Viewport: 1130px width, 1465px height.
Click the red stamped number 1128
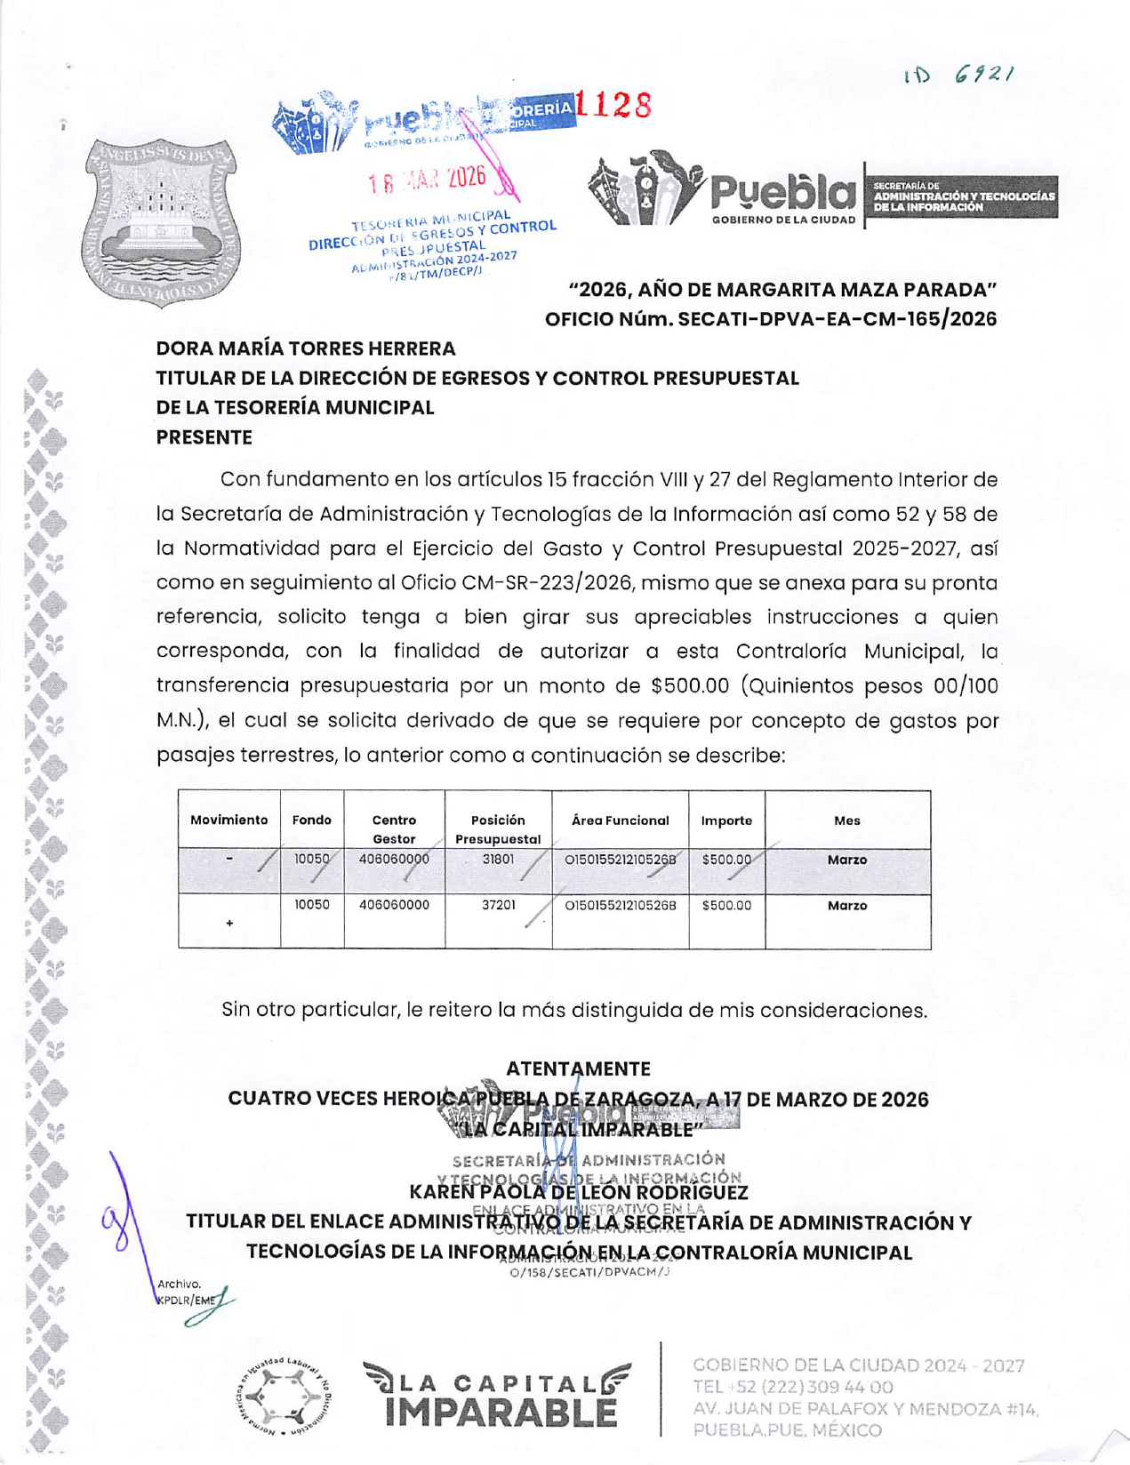click(613, 106)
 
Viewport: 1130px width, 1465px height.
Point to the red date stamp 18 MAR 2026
click(429, 180)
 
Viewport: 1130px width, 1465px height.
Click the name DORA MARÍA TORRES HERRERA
click(306, 348)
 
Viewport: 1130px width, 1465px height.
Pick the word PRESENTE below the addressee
click(204, 437)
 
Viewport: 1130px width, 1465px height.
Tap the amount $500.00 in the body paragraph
click(690, 686)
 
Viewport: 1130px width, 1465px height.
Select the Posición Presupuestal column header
click(498, 829)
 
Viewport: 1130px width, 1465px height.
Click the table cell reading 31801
click(498, 860)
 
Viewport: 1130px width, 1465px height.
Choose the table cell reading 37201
click(498, 905)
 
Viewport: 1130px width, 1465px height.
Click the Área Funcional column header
click(620, 821)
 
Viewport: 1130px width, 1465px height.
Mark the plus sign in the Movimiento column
click(229, 923)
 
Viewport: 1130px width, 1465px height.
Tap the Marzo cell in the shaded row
click(846, 860)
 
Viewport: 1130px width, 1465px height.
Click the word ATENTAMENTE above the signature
click(578, 1069)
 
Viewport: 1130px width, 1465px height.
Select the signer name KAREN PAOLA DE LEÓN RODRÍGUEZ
click(578, 1192)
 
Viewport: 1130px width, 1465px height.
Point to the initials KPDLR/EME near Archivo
click(186, 1300)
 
